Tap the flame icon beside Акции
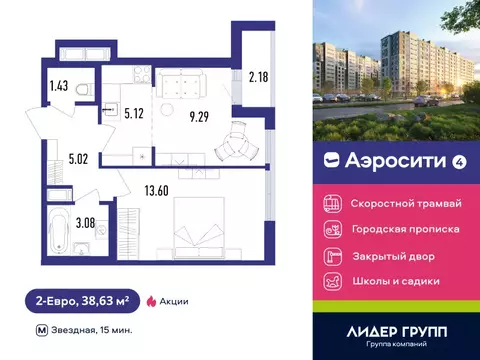tap(151, 299)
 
